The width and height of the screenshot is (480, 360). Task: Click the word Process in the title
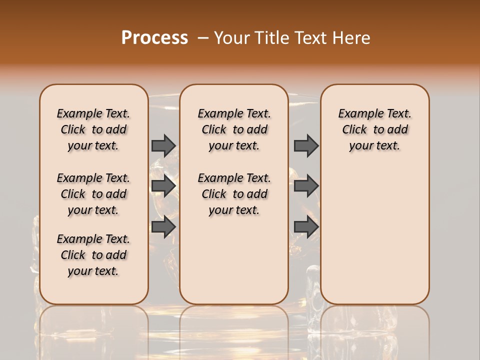154,38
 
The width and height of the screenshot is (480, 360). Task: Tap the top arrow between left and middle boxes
163,145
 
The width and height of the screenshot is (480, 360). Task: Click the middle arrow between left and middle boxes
163,186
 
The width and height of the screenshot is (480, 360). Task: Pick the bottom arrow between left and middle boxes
163,226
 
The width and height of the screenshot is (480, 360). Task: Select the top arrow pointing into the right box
306,145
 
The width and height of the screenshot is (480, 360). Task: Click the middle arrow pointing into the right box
306,186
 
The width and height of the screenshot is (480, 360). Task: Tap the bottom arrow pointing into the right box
306,226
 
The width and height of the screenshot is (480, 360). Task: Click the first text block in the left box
93,129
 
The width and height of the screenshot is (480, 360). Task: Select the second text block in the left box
93,194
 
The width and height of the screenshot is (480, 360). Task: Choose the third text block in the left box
93,255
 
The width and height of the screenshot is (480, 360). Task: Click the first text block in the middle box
234,129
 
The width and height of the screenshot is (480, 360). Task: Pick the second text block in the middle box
234,194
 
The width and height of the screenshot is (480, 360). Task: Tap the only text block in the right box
374,129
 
